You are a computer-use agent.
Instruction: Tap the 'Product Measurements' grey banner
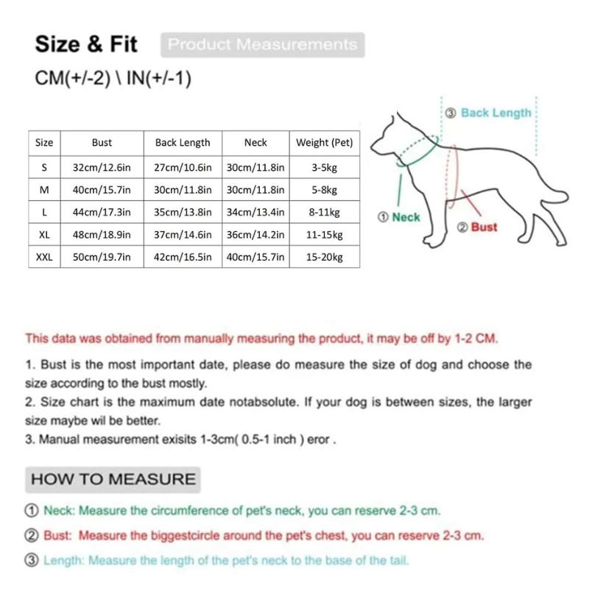tap(262, 44)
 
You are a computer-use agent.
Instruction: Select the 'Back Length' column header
tap(183, 143)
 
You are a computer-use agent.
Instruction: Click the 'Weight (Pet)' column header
tap(324, 143)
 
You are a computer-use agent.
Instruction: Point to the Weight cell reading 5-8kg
tap(324, 190)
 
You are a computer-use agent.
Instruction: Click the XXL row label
tap(44, 257)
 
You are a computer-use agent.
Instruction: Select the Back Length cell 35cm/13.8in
tap(183, 213)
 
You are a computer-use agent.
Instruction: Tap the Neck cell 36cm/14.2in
tap(255, 235)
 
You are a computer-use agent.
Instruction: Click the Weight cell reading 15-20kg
tap(324, 257)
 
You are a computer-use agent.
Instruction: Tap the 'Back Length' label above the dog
tap(495, 113)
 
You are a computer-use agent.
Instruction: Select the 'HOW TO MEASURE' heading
tap(113, 479)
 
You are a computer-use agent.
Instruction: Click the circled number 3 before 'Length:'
tap(32, 560)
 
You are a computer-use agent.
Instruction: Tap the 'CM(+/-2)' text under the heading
tap(72, 78)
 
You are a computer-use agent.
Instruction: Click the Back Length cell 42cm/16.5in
tap(183, 257)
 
